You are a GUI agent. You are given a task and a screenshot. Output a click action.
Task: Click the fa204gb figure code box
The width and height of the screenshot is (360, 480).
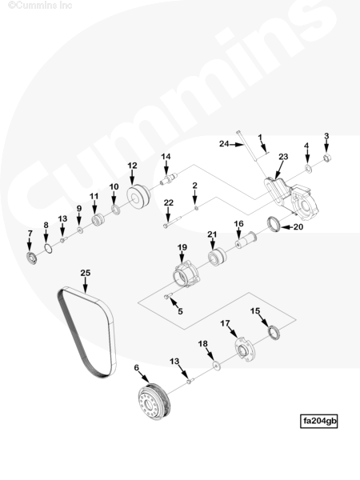(x=318, y=421)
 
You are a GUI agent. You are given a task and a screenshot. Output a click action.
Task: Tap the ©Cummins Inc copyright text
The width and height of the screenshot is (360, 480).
(x=40, y=6)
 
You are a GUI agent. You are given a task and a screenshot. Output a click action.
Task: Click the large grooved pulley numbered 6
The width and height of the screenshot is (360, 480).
(x=153, y=401)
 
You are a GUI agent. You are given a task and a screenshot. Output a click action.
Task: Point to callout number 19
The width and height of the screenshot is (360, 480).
(x=182, y=247)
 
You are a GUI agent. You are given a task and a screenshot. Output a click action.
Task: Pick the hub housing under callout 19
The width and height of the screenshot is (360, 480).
(x=186, y=274)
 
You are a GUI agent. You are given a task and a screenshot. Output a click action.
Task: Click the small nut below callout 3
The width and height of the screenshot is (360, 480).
(x=327, y=158)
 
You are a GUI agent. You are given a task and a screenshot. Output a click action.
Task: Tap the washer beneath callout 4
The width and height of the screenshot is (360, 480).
(x=308, y=168)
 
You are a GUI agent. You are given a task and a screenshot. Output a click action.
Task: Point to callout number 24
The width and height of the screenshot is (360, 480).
(x=224, y=143)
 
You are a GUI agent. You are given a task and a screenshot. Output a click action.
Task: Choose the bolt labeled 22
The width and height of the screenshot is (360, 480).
(x=173, y=222)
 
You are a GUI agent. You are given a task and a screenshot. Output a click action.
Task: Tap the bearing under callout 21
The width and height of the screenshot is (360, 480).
(x=217, y=257)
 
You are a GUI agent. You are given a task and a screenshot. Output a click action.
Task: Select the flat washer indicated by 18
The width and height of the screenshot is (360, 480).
(x=217, y=366)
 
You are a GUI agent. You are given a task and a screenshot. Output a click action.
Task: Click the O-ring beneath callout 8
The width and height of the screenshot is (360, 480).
(x=48, y=249)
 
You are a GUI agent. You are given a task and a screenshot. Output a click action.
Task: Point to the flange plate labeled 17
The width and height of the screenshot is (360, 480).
(x=245, y=349)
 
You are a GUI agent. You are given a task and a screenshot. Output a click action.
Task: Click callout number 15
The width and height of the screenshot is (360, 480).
(x=255, y=311)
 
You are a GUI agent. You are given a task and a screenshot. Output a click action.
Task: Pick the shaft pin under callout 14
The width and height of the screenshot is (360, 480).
(x=169, y=178)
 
